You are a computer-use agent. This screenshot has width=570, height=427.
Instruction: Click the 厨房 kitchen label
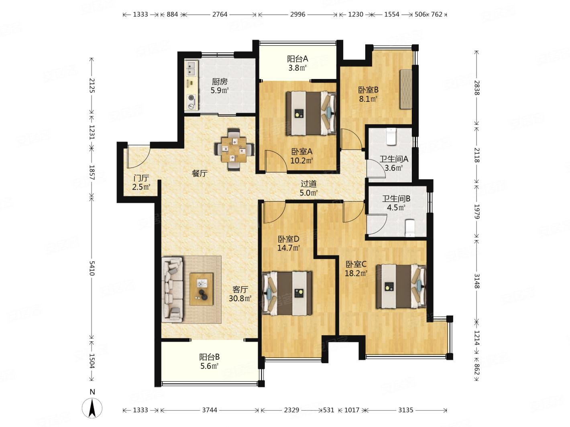[220, 82]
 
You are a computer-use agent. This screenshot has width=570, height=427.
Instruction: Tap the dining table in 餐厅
[234, 149]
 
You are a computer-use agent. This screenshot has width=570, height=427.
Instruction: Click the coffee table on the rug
[201, 289]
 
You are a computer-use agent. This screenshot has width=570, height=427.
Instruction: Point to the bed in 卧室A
[311, 113]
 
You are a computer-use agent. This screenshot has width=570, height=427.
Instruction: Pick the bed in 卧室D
[287, 293]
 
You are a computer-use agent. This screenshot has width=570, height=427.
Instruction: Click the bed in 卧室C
[401, 286]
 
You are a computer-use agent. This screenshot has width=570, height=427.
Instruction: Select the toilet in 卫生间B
[409, 228]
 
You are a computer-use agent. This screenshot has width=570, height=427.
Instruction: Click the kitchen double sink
[191, 68]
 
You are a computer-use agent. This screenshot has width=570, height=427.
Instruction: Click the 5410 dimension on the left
[92, 268]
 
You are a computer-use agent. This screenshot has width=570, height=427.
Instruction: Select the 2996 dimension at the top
[297, 14]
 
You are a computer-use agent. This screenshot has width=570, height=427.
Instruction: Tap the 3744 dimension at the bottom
[210, 410]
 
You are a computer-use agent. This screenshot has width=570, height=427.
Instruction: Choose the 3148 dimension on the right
[477, 281]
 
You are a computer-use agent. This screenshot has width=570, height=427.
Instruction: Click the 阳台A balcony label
[297, 59]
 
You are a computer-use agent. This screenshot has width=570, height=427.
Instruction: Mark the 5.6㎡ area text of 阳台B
[209, 366]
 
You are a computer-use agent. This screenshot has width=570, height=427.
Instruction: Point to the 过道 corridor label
[309, 184]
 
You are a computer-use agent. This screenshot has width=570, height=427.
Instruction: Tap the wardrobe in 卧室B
[406, 89]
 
